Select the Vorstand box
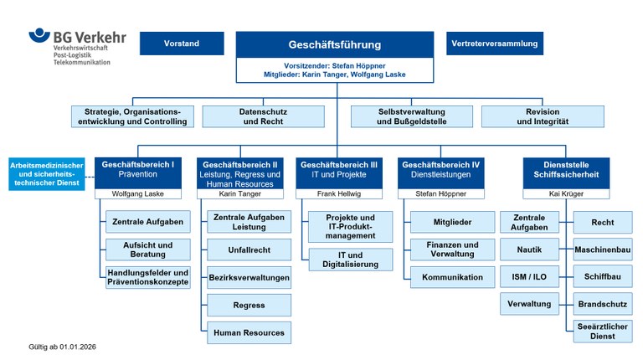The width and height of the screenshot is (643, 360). click(x=182, y=44)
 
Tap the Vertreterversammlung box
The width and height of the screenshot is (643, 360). click(x=494, y=44)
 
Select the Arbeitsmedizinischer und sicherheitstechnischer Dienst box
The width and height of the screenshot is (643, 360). click(x=46, y=173)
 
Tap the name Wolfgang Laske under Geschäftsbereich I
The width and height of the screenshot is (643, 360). click(x=138, y=193)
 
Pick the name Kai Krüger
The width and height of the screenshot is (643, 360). click(x=566, y=193)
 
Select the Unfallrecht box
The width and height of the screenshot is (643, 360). click(x=249, y=249)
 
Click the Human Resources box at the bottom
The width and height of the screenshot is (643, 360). click(x=249, y=332)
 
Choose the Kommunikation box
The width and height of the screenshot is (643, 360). click(x=452, y=277)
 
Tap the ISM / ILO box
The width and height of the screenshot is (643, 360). click(x=528, y=276)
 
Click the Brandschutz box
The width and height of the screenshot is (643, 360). click(x=602, y=304)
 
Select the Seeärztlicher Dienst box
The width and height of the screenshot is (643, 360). click(x=602, y=332)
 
